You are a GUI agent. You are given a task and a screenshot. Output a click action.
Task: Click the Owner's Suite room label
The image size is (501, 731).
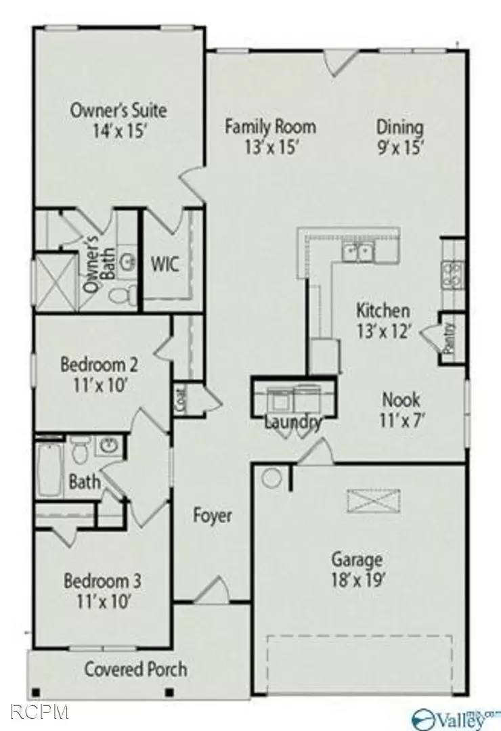(118, 120)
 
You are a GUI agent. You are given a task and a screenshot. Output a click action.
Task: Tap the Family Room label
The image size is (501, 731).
(270, 136)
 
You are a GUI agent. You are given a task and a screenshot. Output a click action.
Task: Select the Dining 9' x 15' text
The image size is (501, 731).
(400, 136)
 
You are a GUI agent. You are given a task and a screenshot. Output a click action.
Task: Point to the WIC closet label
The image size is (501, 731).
(165, 264)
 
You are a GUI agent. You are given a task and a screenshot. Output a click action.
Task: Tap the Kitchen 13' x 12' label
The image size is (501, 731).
(383, 320)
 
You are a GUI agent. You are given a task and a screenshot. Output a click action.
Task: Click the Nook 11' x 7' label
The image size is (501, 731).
(401, 408)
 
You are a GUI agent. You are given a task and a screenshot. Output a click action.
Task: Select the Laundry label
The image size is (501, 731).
(292, 422)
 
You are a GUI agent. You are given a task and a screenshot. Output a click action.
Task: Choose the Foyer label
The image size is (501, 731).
(212, 516)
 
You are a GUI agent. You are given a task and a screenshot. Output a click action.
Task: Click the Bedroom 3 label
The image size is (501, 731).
(102, 590)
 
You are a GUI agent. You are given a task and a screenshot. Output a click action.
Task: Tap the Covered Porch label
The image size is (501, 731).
(135, 670)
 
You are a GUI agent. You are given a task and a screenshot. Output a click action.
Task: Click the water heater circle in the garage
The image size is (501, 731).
(271, 478)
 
